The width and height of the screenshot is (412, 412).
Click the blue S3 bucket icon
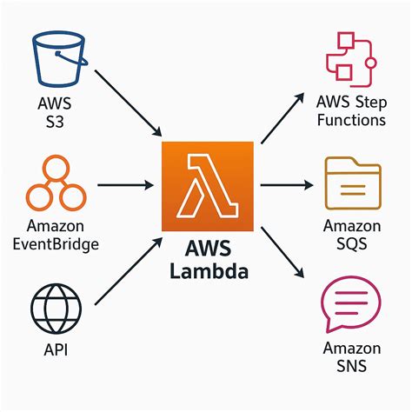pos(57,62)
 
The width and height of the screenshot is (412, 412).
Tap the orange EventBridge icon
pos(57,183)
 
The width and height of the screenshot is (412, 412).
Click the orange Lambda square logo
pos(206,183)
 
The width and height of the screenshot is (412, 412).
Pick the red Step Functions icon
pos(350,62)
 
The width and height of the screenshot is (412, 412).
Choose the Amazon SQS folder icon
pos(351,183)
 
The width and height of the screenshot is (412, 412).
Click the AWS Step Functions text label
pos(351,112)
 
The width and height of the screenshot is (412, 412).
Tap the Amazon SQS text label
pos(351,235)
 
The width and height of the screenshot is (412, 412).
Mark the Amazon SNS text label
pos(351,356)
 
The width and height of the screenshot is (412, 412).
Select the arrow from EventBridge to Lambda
pos(127,184)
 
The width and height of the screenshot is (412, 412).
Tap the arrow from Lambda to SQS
pos(286,184)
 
